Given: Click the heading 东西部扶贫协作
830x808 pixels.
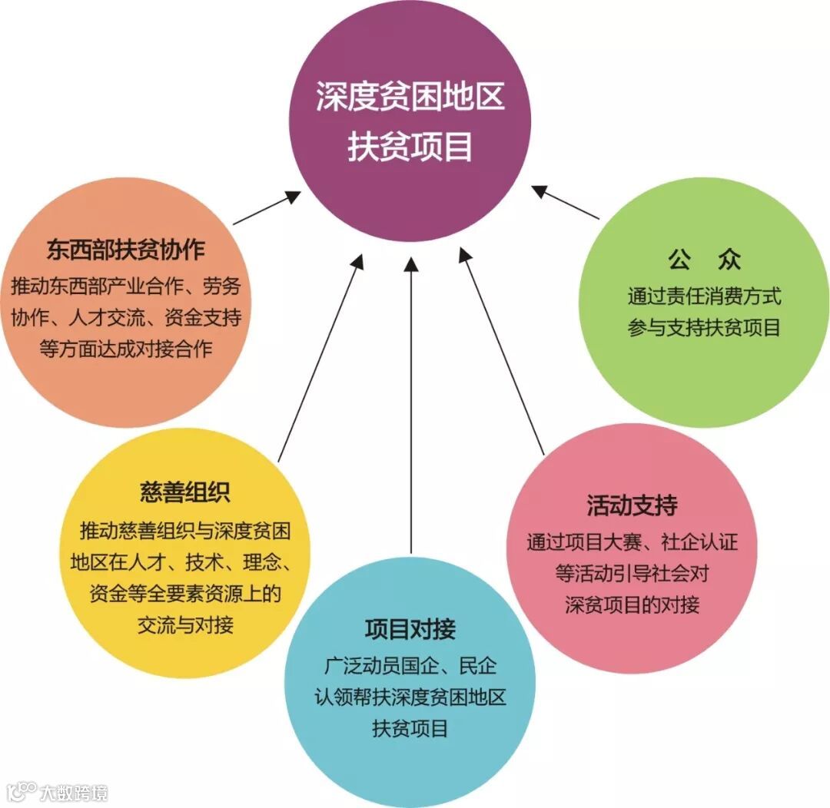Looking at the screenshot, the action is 125,250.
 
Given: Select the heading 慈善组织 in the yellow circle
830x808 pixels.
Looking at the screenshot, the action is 185,492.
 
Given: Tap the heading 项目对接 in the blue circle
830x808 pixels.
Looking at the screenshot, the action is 410,629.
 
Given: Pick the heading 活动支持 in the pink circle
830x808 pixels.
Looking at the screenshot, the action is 632,506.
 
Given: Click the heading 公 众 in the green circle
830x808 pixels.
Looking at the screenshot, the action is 704,260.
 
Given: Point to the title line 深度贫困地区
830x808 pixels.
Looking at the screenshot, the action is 410,98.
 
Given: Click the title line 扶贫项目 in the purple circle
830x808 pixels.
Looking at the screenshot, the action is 410,147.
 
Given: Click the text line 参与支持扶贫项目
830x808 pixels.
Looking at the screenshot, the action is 704,328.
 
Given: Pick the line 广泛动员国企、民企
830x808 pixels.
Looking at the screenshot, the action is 410,665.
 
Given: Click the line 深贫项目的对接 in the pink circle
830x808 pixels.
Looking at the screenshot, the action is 632,604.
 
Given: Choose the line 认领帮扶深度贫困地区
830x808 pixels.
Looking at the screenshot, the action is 410,697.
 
